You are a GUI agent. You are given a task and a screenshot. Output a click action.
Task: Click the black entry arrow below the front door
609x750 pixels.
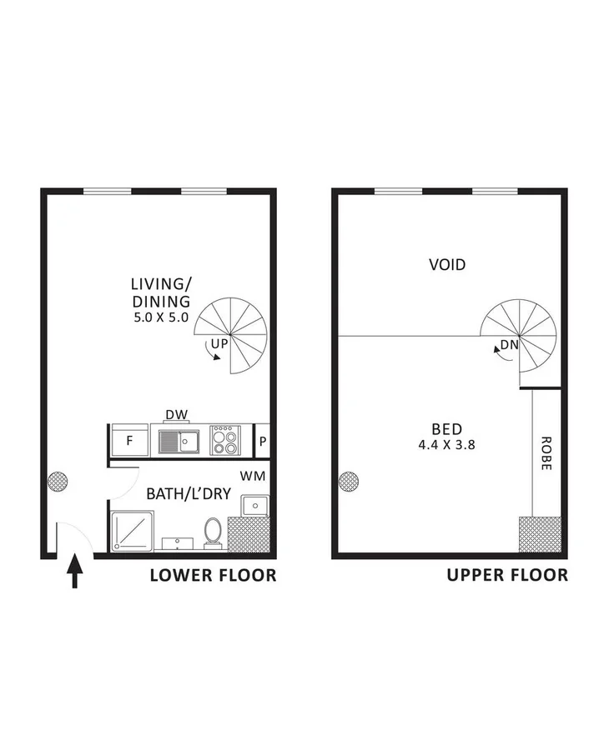point(75,574)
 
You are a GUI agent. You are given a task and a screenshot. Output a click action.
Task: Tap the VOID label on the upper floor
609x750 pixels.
point(447,265)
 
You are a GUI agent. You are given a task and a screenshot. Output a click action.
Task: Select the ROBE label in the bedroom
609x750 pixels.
point(546,453)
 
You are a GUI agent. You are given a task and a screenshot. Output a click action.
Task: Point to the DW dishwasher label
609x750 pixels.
point(175,415)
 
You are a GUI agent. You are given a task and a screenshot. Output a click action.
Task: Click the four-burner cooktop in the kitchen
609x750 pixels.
point(224,440)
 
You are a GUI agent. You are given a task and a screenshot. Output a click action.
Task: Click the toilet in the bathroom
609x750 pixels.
point(213,532)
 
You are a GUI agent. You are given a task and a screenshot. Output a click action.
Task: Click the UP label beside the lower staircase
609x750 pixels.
point(219,342)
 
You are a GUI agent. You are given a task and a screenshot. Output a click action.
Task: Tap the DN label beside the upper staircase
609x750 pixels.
point(508,345)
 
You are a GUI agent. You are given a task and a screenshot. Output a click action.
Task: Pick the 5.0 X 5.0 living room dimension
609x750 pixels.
point(161,317)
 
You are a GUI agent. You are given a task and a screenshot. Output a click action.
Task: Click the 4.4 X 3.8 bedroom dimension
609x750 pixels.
point(447,445)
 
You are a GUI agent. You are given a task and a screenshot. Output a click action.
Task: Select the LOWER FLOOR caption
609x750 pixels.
point(213,575)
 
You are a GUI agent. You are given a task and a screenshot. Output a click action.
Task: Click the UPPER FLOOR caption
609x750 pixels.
point(507,575)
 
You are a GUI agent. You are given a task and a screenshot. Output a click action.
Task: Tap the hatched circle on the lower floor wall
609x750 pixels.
point(58,480)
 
